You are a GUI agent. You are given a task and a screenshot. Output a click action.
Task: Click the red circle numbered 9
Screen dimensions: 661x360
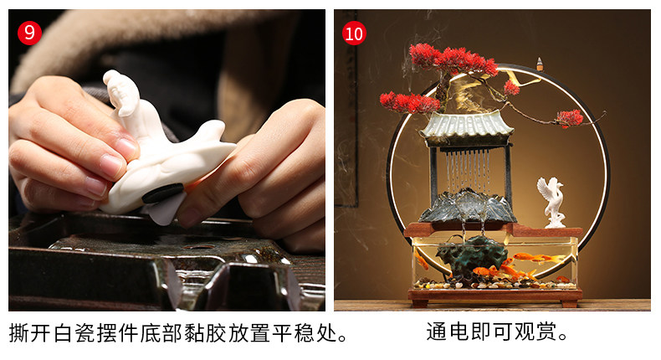tap(29, 33)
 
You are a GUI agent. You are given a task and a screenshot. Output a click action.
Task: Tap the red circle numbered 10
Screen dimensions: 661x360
tap(354, 33)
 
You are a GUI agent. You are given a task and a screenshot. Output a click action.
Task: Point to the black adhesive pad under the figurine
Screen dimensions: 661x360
tap(162, 193)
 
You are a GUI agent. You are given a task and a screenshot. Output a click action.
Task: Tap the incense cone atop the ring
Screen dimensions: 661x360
tap(540, 64)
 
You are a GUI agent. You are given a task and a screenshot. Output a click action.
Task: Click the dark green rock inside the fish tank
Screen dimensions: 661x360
tap(471, 259)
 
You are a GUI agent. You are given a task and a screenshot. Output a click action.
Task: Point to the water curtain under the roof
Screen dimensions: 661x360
tap(468, 169)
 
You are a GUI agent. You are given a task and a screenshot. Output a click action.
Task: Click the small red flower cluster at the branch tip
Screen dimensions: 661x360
tap(570, 118)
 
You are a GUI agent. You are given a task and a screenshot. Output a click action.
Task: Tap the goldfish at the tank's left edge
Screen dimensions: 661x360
tap(421, 259)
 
